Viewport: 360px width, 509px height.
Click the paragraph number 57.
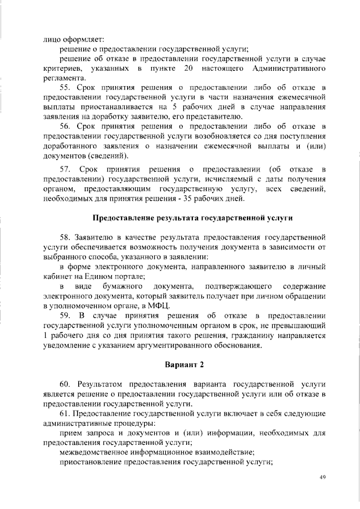pyautogui.click(x=66, y=169)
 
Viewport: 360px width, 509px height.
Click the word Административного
pyautogui.click(x=290, y=68)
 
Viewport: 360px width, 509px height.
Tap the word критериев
pyautogui.click(x=63, y=68)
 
